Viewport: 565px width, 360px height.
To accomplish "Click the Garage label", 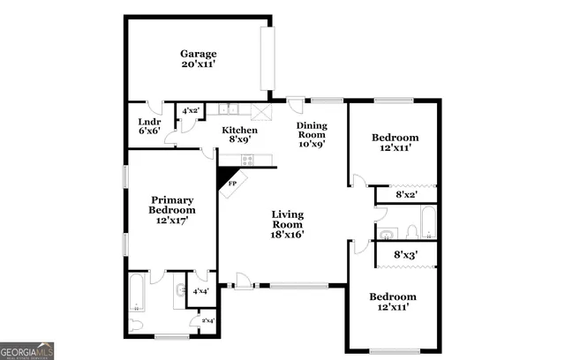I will click(199, 53).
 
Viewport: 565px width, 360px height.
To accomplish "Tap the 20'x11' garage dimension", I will click(199, 65).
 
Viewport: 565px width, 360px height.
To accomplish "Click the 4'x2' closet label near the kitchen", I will click(191, 111).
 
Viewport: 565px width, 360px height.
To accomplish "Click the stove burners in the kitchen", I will click(248, 160).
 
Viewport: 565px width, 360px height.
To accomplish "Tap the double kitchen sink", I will click(229, 109).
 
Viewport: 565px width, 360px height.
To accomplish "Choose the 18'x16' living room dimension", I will click(288, 234).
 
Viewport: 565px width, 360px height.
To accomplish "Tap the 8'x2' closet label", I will click(406, 194).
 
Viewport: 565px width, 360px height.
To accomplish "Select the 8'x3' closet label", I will click(405, 254).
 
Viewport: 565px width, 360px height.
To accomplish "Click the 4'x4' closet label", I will click(200, 290).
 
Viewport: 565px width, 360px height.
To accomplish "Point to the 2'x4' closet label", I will click(207, 320).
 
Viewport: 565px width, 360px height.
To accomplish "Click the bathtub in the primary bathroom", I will click(139, 293).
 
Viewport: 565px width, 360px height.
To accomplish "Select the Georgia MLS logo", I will click(27, 349).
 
